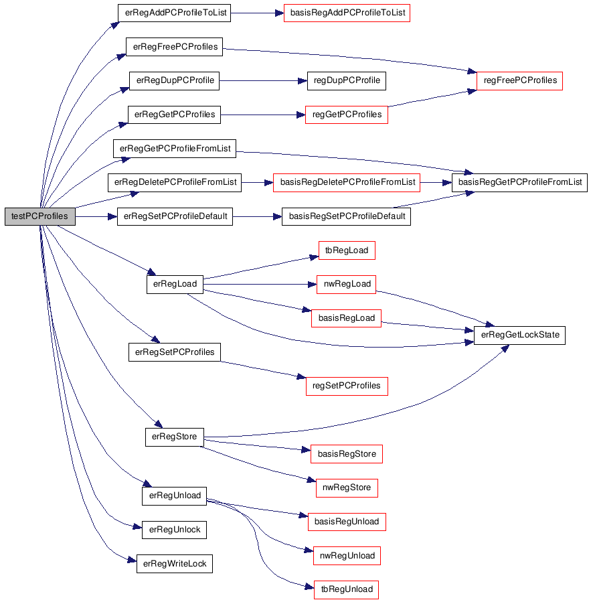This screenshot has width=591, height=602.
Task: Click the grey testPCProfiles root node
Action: tap(40, 216)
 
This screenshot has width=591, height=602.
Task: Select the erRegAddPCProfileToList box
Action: tap(174, 13)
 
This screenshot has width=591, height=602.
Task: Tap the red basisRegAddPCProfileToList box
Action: tap(347, 13)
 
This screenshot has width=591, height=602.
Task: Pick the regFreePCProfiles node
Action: tap(519, 80)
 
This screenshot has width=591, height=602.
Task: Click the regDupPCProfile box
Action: tap(347, 80)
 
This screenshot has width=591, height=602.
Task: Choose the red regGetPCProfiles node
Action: tap(347, 115)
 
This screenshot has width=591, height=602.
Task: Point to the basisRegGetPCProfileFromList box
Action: tap(519, 182)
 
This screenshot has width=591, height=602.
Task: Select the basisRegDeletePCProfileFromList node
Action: tap(347, 182)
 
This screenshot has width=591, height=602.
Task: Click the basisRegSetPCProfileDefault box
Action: tap(346, 216)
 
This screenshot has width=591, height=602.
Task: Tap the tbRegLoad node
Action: tap(347, 250)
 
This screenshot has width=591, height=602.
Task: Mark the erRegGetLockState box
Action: tap(519, 335)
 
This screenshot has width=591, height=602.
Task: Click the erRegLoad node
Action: tap(175, 285)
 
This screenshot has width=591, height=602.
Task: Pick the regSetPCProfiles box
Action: tap(347, 386)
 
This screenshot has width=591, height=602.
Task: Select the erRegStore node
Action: tap(175, 437)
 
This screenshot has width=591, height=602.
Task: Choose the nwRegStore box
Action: tap(347, 487)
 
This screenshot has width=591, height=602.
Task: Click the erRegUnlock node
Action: tap(174, 530)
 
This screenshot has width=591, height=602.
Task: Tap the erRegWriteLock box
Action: tap(175, 564)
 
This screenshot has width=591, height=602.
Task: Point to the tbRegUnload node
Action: tap(347, 589)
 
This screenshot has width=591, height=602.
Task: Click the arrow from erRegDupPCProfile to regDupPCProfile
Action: tap(263, 81)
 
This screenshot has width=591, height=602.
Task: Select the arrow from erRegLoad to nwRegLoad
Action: tap(260, 285)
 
